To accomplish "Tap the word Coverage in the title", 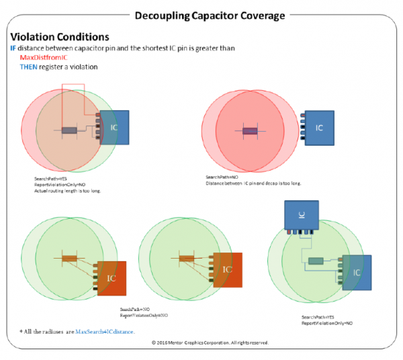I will pyautogui.click(x=260, y=15).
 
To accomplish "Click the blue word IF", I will pyautogui.click(x=13, y=48).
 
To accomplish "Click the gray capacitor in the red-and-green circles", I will pyautogui.click(x=69, y=130).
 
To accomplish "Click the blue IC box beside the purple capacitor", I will pyautogui.click(x=320, y=127).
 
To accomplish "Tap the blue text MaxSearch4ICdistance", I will pyautogui.click(x=105, y=332).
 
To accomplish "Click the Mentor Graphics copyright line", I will pyautogui.click(x=210, y=343).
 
